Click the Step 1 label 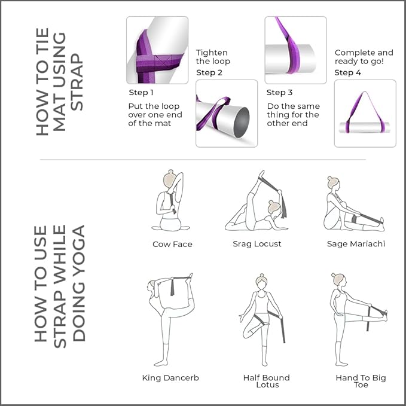pyautogui.click(x=141, y=93)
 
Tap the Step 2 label pyautogui.click(x=209, y=73)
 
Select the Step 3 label pyautogui.click(x=279, y=93)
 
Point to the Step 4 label pyautogui.click(x=347, y=73)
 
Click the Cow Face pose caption pyautogui.click(x=172, y=244)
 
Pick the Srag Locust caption pyautogui.click(x=257, y=244)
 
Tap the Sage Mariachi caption pyautogui.click(x=356, y=244)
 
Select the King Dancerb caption pyautogui.click(x=170, y=377)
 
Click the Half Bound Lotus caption pyautogui.click(x=266, y=381)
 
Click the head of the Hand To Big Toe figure pyautogui.click(x=338, y=280)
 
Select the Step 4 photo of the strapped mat pyautogui.click(x=365, y=114)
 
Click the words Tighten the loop pyautogui.click(x=213, y=57)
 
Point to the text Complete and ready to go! pyautogui.click(x=364, y=57)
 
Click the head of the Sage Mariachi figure pyautogui.click(x=334, y=182)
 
